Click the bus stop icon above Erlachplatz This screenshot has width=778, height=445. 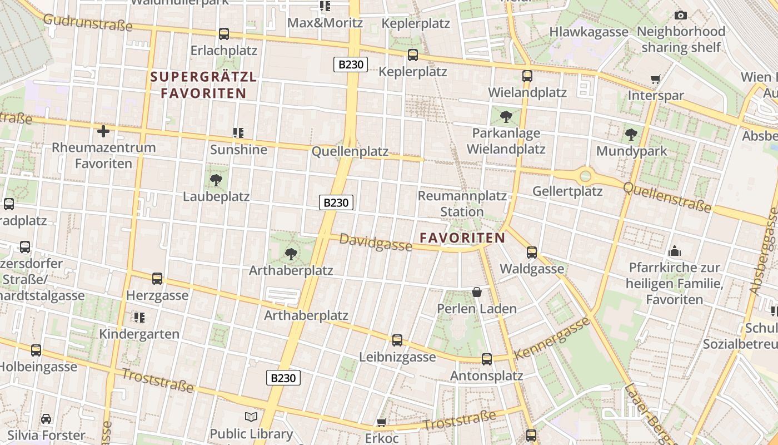click(x=224, y=34)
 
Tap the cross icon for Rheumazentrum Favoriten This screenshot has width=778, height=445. click(x=103, y=131)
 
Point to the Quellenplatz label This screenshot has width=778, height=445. click(x=350, y=151)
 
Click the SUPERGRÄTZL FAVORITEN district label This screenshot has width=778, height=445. click(x=203, y=85)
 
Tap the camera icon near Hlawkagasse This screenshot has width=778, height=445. click(x=680, y=15)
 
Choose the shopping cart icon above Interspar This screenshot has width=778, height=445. click(x=656, y=80)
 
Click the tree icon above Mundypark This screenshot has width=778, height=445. click(x=631, y=134)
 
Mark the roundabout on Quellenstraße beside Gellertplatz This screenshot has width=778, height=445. click(x=585, y=176)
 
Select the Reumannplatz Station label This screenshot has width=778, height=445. click(x=462, y=204)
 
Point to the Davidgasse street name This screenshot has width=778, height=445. click(x=376, y=242)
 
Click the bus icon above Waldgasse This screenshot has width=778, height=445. click(x=532, y=253)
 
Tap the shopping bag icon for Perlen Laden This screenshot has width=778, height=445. click(x=476, y=292)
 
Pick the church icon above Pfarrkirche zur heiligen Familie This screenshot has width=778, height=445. click(x=675, y=251)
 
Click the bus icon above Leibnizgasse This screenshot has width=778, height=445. click(x=397, y=340)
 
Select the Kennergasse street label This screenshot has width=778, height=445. click(x=551, y=338)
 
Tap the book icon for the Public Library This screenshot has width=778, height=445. click(x=251, y=417)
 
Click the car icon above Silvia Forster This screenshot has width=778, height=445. click(x=46, y=418)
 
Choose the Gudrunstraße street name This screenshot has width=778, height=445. click(x=88, y=22)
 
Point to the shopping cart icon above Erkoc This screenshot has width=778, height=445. click(x=381, y=423)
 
